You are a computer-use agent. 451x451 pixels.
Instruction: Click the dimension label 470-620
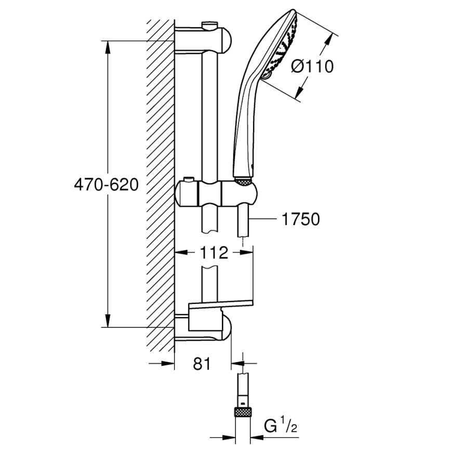click(x=106, y=184)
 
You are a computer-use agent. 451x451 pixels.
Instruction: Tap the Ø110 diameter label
click(x=312, y=67)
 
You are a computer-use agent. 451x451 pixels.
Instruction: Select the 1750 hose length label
click(x=300, y=219)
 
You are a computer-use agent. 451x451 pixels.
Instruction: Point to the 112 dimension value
click(x=214, y=253)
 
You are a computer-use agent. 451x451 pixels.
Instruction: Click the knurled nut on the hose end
click(x=242, y=413)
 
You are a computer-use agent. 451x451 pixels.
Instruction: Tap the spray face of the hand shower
click(x=284, y=47)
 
